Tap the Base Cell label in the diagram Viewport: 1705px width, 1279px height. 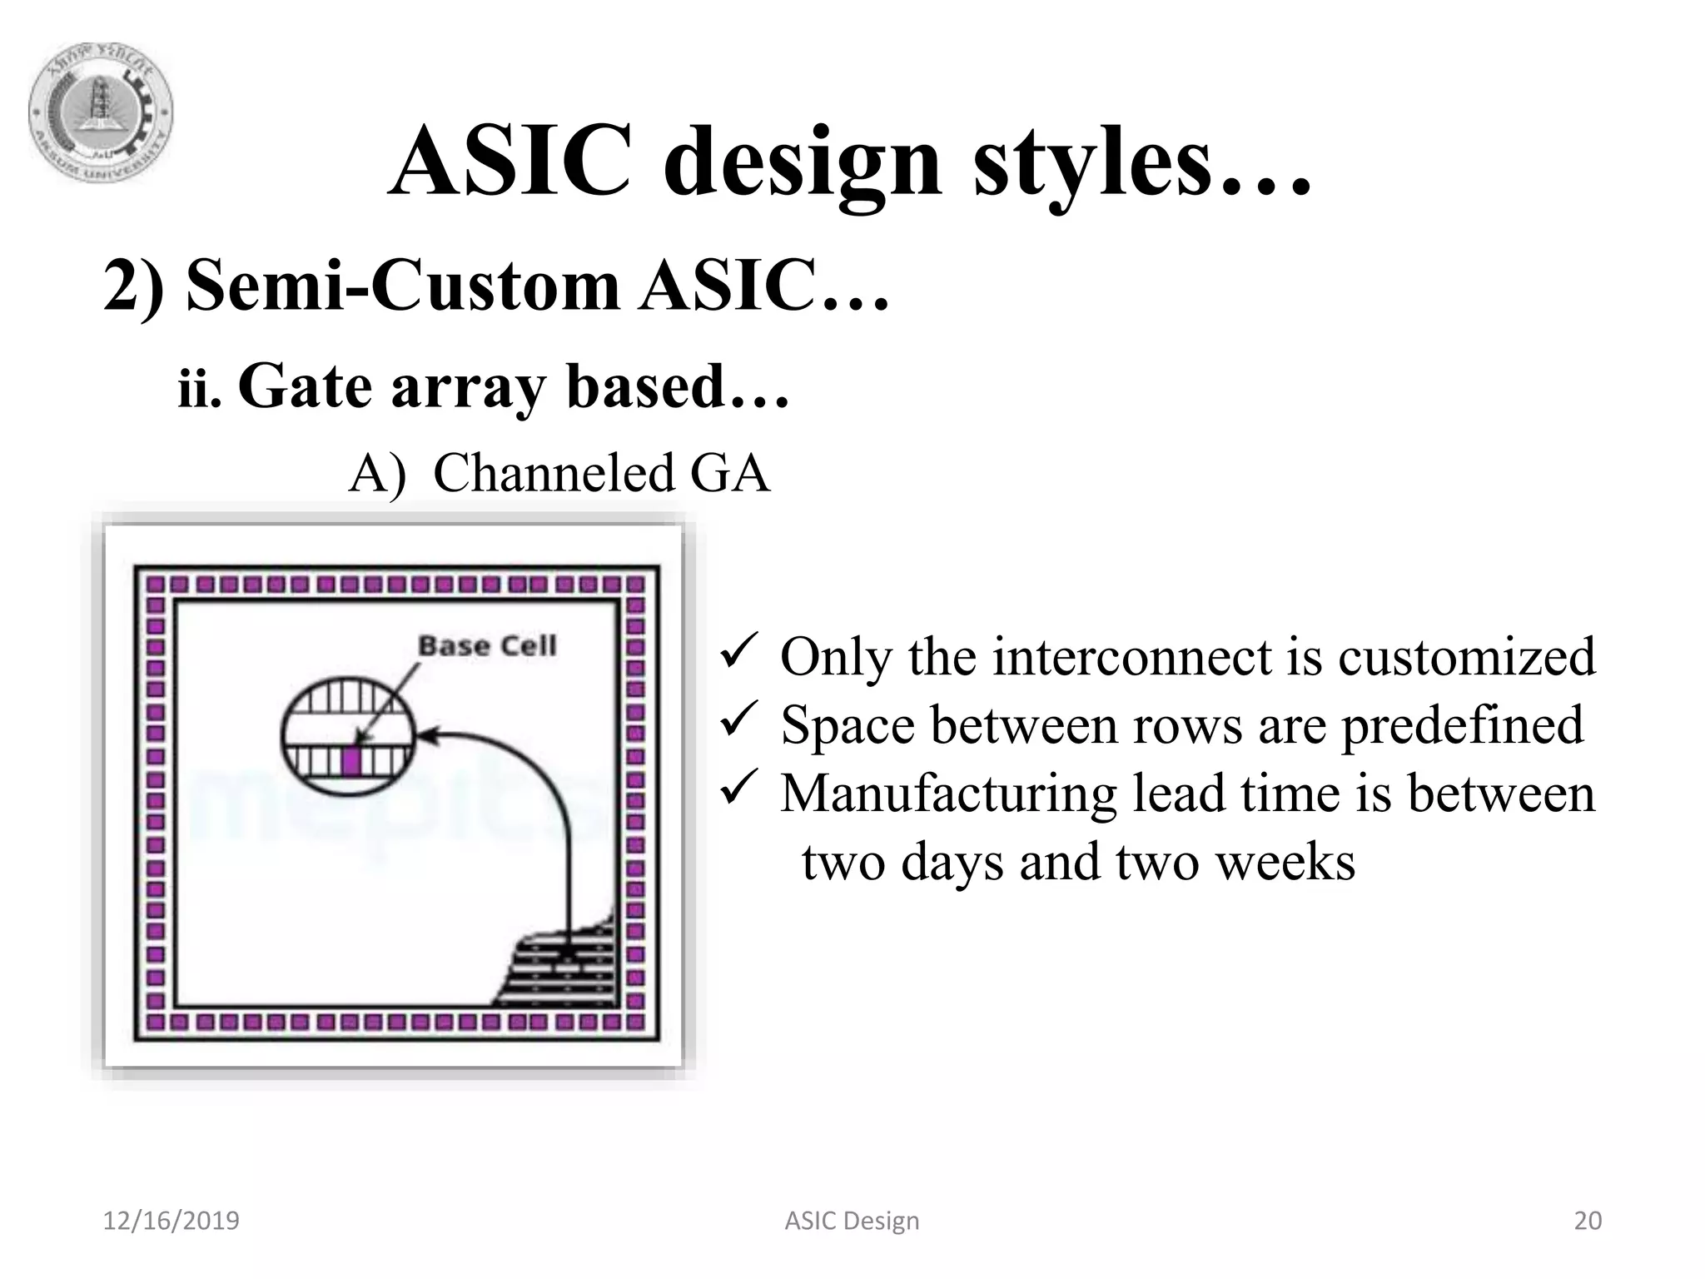pos(487,645)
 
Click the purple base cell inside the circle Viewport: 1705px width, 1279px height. pos(351,760)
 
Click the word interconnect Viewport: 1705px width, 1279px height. pos(1132,656)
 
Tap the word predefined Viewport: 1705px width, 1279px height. pos(1462,724)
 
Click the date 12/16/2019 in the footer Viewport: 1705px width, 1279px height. pos(171,1221)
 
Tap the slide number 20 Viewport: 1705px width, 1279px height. pos(1588,1221)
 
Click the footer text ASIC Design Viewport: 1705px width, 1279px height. pos(852,1221)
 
